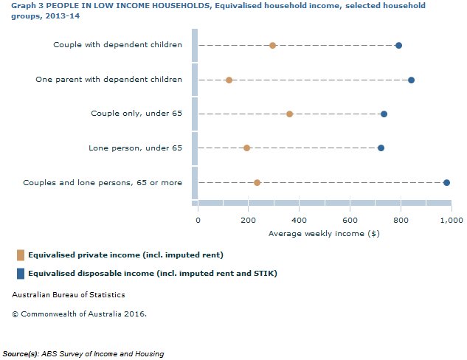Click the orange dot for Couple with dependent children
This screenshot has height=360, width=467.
click(272, 45)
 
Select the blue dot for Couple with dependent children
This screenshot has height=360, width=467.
click(398, 45)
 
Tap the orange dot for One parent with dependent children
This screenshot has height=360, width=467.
click(229, 80)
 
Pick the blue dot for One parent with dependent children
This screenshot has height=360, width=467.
click(411, 80)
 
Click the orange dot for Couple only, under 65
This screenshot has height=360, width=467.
click(289, 114)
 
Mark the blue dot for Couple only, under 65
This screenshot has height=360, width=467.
click(384, 114)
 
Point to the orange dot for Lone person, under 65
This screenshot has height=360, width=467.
click(246, 148)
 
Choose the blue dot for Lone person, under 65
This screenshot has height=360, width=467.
click(381, 148)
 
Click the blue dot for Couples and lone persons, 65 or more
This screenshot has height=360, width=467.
click(446, 182)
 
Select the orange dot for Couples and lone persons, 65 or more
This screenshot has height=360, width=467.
click(257, 182)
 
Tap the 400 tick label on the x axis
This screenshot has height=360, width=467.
click(299, 219)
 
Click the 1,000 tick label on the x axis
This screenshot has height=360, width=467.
click(449, 219)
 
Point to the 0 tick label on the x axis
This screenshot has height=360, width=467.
click(198, 219)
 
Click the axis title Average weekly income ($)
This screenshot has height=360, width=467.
click(324, 233)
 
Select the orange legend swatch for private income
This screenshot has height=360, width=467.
click(21, 255)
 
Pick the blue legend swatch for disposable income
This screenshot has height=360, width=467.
click(21, 274)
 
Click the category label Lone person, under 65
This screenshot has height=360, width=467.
click(135, 148)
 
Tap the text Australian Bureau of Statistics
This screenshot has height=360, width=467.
click(69, 295)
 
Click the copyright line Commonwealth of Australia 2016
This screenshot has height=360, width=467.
click(79, 314)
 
